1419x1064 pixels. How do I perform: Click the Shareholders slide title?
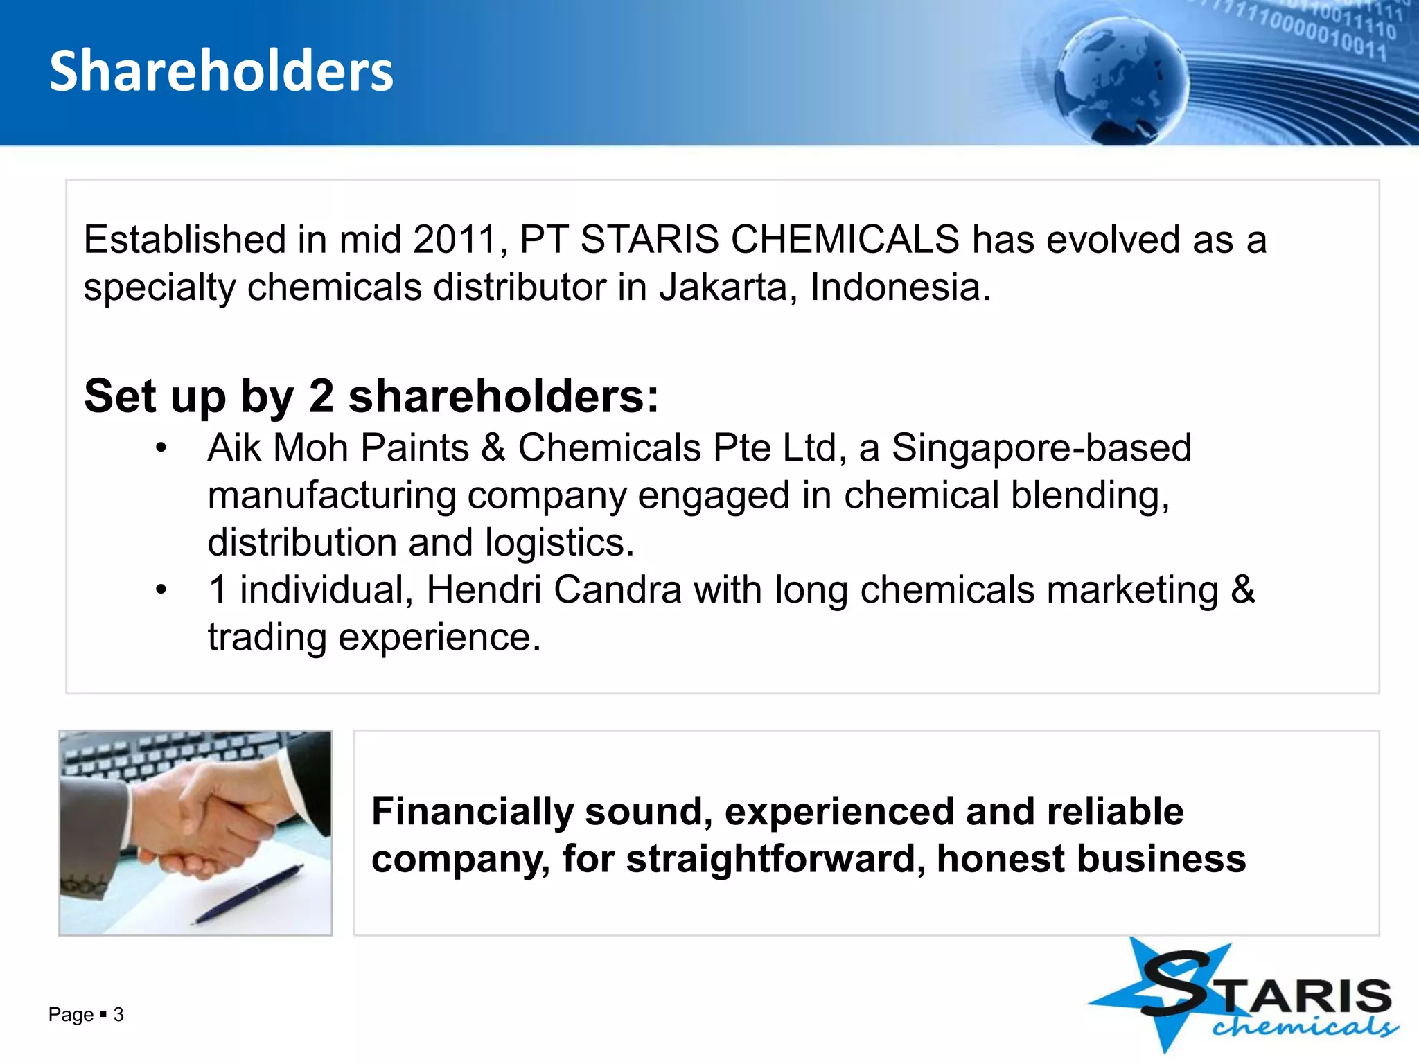(221, 71)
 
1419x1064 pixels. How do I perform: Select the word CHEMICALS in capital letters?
(845, 240)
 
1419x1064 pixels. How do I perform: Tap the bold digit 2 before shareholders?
(321, 396)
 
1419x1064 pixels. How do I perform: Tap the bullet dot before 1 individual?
(161, 591)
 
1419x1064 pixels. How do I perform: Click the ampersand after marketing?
(1242, 589)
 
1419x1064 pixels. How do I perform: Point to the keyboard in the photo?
(159, 755)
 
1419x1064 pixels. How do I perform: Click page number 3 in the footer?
(118, 1015)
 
